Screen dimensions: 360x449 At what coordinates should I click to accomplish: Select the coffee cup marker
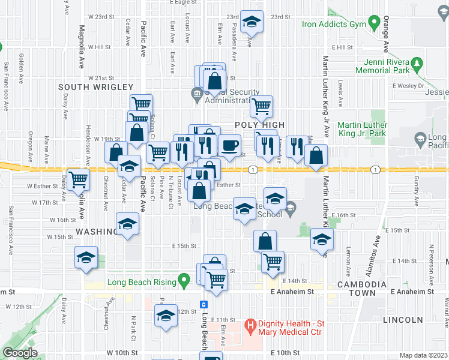[x=229, y=145]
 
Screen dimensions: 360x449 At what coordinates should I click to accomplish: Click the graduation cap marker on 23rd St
[x=252, y=22]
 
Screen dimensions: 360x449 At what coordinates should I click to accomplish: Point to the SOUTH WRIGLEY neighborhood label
[x=86, y=87]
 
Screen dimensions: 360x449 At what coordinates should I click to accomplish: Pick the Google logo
[x=20, y=353]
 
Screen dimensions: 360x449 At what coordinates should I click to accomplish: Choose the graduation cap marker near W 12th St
[x=165, y=316]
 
